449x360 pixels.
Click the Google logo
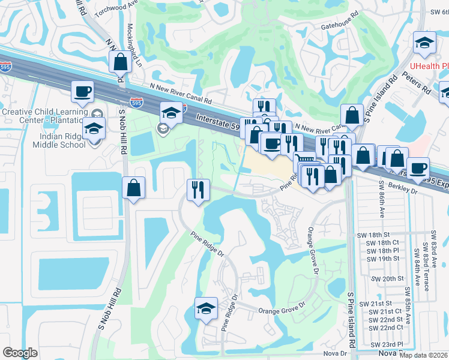point(20,353)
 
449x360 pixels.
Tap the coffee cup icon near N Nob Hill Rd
point(82,92)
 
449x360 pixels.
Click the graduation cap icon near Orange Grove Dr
point(206,308)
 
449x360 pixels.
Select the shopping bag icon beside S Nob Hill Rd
point(133,188)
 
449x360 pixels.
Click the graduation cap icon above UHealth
point(424,43)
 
